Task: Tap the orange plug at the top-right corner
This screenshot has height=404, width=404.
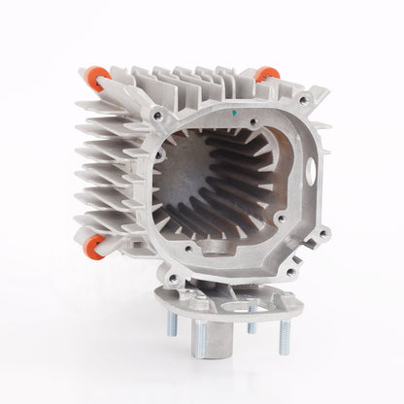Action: [x=267, y=74]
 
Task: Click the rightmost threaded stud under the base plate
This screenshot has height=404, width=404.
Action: [x=285, y=334]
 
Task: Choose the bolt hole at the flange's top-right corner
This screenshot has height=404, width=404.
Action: [x=305, y=100]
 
